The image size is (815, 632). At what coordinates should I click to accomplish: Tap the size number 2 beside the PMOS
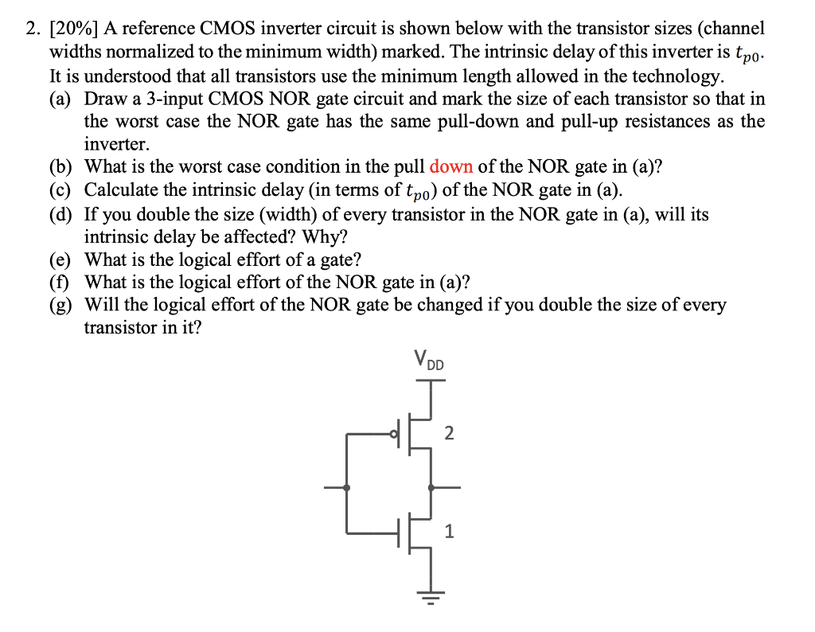point(450,434)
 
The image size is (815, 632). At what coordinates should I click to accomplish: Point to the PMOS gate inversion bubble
point(392,434)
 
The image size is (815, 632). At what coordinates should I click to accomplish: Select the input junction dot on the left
point(346,487)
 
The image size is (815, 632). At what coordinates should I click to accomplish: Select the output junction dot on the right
point(431,487)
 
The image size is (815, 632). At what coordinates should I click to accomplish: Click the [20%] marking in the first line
point(68,29)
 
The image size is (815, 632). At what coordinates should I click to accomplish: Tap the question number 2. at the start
point(32,29)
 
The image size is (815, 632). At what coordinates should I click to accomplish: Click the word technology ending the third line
point(680,76)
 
